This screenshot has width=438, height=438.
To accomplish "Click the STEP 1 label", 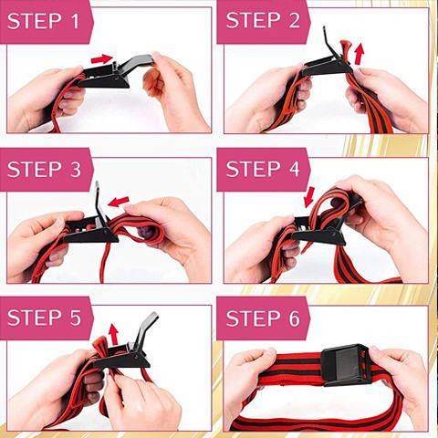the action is click(x=43, y=21).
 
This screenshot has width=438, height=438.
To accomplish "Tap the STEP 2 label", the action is click(x=263, y=20).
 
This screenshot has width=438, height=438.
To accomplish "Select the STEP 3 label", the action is click(x=44, y=169).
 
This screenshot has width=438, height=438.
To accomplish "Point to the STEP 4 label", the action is click(x=263, y=169).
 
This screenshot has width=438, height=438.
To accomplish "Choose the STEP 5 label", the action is click(x=44, y=318).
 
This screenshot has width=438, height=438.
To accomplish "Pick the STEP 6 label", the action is click(x=263, y=318).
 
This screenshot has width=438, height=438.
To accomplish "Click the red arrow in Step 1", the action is click(x=102, y=58).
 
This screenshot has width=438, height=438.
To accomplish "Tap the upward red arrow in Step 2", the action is click(x=360, y=54).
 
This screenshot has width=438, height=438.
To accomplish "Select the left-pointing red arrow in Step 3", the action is click(x=119, y=201).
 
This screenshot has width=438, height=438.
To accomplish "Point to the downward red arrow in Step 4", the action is click(x=309, y=196).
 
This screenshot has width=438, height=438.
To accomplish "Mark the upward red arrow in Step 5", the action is click(x=114, y=334).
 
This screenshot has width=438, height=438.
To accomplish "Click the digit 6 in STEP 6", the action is click(x=294, y=318).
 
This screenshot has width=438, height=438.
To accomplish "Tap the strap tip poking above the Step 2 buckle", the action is click(x=347, y=47).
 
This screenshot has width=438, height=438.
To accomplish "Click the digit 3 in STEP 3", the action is click(x=76, y=169).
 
